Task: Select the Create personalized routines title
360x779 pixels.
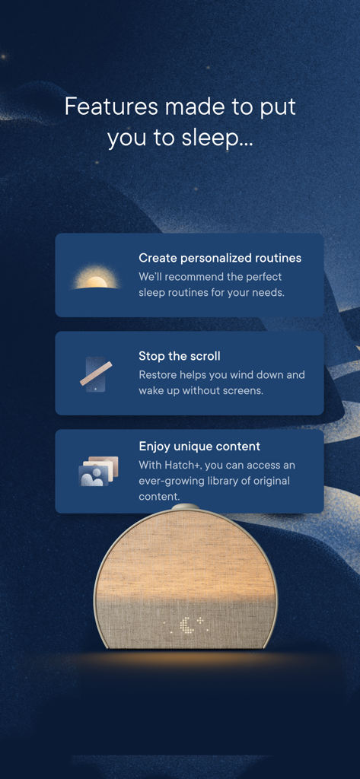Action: point(219,258)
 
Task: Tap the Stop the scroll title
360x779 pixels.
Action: point(179,355)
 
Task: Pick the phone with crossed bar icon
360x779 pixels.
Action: point(96,374)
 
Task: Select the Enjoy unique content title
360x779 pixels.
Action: point(199,446)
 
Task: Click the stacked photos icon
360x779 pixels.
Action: point(99,472)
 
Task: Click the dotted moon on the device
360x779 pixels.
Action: point(186,626)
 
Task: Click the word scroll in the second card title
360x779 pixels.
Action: point(202,355)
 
